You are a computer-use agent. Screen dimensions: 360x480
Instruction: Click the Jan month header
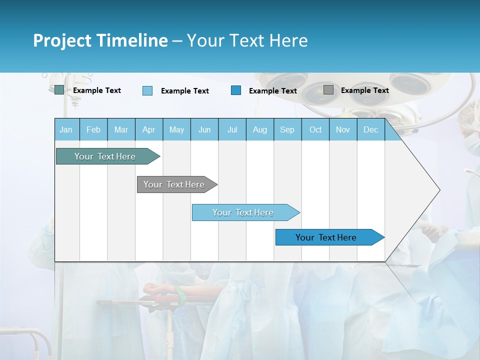pos(66,129)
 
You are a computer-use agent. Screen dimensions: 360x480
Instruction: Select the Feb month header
pos(93,129)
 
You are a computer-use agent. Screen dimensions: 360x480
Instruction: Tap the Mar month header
pos(121,129)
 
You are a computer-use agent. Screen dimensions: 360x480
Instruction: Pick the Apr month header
pos(148,129)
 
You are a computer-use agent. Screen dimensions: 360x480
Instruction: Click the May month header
pos(176,129)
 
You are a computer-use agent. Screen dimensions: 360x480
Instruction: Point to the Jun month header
pos(204,129)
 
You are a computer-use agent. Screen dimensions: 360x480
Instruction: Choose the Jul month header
pos(232,129)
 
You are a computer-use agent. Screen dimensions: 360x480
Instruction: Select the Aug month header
pos(260,129)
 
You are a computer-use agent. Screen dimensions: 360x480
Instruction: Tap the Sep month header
pos(287,129)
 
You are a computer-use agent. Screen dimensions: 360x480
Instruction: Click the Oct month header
pos(315,129)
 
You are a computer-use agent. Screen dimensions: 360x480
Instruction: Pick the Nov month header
pos(343,129)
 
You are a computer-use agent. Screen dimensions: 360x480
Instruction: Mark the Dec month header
pos(371,129)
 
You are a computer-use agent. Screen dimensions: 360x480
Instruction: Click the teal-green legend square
pos(59,90)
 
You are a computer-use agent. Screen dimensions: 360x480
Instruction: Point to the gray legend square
pos(328,90)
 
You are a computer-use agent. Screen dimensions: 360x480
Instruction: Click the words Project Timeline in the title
pos(100,40)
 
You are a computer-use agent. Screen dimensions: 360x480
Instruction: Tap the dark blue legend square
pos(236,90)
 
